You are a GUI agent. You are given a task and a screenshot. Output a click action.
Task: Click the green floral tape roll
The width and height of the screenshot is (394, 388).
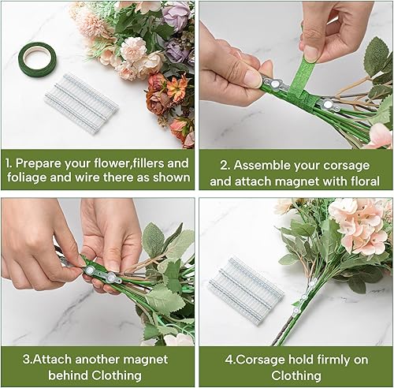34,58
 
